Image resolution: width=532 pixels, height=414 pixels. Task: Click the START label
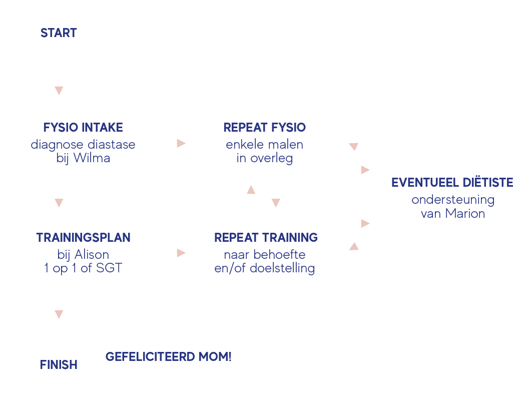pyautogui.click(x=59, y=33)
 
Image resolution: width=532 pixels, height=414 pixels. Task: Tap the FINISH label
pyautogui.click(x=59, y=365)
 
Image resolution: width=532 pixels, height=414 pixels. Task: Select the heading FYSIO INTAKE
pyautogui.click(x=83, y=128)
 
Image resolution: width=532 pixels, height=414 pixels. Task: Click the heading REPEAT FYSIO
pyautogui.click(x=265, y=128)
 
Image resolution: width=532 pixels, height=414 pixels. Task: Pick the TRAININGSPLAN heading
pyautogui.click(x=83, y=237)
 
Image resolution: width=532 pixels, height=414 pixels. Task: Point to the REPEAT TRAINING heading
pyautogui.click(x=266, y=237)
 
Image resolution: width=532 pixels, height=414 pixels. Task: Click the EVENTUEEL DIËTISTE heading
pyautogui.click(x=452, y=182)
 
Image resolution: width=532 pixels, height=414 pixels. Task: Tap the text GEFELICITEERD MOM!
pyautogui.click(x=169, y=357)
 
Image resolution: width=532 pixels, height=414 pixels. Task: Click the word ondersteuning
pyautogui.click(x=453, y=200)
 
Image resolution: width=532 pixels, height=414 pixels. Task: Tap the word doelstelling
pyautogui.click(x=282, y=268)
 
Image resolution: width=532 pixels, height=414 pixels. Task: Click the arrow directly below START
pyautogui.click(x=59, y=91)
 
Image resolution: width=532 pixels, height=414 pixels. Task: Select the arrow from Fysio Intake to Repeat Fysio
pyautogui.click(x=181, y=144)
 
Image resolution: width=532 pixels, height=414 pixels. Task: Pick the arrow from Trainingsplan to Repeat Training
pyautogui.click(x=181, y=253)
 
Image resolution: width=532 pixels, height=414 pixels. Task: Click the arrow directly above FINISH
pyautogui.click(x=59, y=314)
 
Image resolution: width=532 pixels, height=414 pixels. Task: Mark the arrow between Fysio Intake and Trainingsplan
pyautogui.click(x=59, y=203)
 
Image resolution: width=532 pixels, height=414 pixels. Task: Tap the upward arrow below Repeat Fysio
pyautogui.click(x=251, y=190)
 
